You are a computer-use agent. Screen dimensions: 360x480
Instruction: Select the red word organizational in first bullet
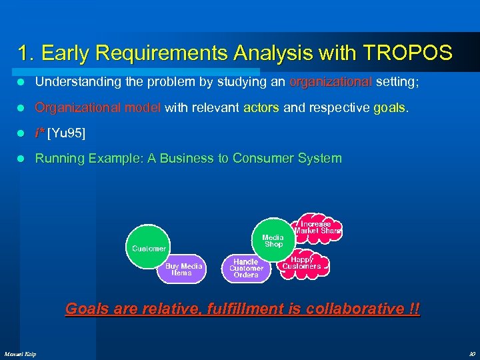(x=331, y=82)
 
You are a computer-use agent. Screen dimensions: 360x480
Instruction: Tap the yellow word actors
(x=261, y=107)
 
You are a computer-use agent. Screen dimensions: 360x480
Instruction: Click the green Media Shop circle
(x=273, y=239)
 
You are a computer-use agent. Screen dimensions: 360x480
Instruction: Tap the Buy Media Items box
(x=182, y=269)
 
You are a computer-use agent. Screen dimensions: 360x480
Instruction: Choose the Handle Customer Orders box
(x=246, y=269)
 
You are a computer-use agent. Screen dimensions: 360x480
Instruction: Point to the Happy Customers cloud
(x=302, y=263)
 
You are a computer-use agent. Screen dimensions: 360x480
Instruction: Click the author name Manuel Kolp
(x=20, y=353)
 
